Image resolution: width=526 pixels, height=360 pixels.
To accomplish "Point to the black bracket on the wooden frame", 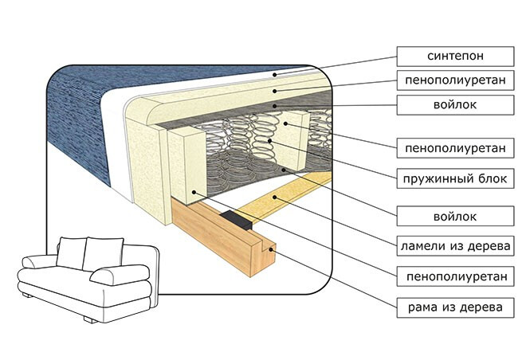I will pos(238,218).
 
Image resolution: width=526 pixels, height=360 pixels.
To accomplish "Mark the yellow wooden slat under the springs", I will pos(279,198).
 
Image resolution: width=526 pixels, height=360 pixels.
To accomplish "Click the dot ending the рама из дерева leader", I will pos(273,249).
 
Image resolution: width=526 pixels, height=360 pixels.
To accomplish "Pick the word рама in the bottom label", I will pos(424,307).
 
